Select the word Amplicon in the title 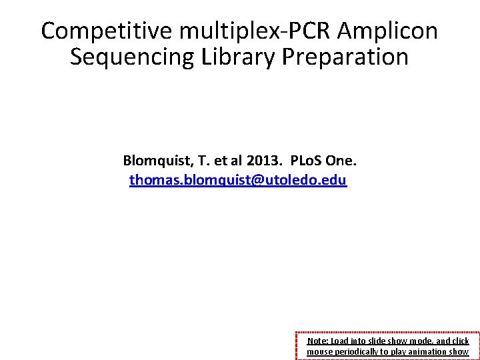point(388,31)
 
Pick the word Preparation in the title point(345,57)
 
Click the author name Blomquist point(154,161)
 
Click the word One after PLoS point(343,161)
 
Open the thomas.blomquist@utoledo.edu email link point(238,180)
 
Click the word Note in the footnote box point(317,341)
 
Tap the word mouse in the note point(319,351)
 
